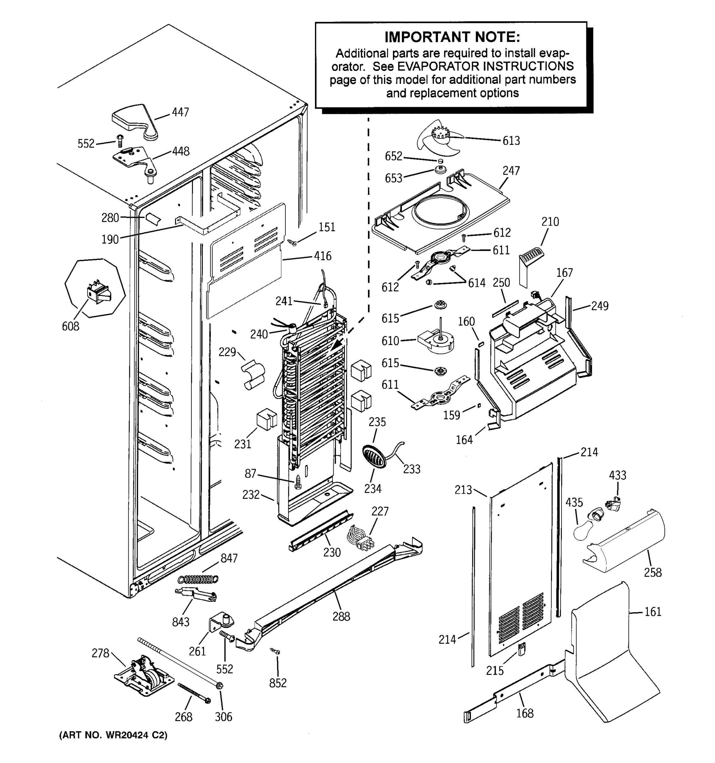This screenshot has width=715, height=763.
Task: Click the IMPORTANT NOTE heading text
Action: click(x=452, y=37)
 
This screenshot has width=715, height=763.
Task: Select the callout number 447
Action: click(x=180, y=113)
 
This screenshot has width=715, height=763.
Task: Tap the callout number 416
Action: click(x=322, y=256)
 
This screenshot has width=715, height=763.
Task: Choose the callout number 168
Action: click(x=524, y=713)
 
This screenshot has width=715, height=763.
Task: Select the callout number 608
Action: click(x=71, y=326)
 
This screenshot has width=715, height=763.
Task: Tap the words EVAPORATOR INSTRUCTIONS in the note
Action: click(x=485, y=66)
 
